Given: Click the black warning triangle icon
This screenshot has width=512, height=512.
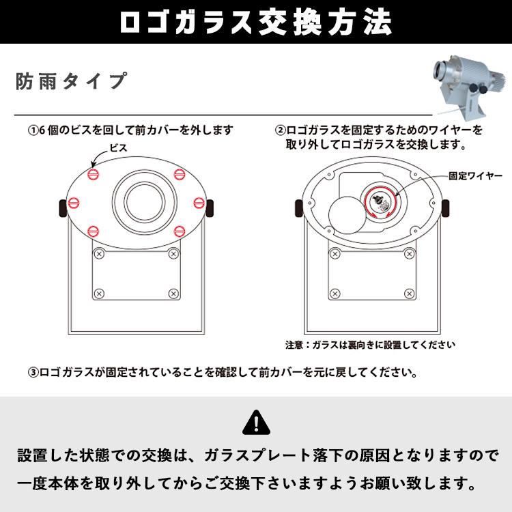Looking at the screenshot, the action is click(x=256, y=422).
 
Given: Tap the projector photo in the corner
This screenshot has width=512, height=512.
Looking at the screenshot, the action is click(x=469, y=87).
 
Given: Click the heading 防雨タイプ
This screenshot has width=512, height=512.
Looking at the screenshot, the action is click(x=71, y=81).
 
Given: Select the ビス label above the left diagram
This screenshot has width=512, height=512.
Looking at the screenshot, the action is click(x=118, y=148).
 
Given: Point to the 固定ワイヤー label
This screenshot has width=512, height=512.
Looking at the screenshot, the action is click(x=475, y=176).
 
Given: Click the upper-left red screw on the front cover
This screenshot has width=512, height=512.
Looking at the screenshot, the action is click(x=93, y=173).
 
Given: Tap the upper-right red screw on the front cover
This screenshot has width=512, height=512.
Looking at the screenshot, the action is click(x=180, y=174).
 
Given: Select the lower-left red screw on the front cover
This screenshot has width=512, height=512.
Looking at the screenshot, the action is click(x=93, y=231).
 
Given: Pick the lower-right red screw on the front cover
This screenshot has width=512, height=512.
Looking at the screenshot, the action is click(x=180, y=231).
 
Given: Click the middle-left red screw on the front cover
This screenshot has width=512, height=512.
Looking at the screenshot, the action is click(x=74, y=203).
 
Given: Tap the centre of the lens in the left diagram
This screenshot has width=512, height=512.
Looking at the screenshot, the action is click(x=145, y=202).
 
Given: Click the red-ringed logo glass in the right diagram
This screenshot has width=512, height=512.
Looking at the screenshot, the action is click(x=382, y=203).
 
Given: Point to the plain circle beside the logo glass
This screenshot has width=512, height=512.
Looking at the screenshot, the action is click(x=347, y=215).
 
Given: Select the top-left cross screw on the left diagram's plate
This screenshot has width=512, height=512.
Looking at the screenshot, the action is click(x=99, y=254).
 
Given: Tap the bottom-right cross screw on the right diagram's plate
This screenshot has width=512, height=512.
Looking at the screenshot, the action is click(x=410, y=294).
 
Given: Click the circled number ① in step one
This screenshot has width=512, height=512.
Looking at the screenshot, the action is click(x=33, y=130).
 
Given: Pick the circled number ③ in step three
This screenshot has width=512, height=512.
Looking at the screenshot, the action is click(x=33, y=373).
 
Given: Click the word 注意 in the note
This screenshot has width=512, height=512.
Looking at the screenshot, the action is click(x=294, y=345).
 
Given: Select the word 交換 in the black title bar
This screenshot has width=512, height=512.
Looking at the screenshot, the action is click(x=291, y=23).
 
